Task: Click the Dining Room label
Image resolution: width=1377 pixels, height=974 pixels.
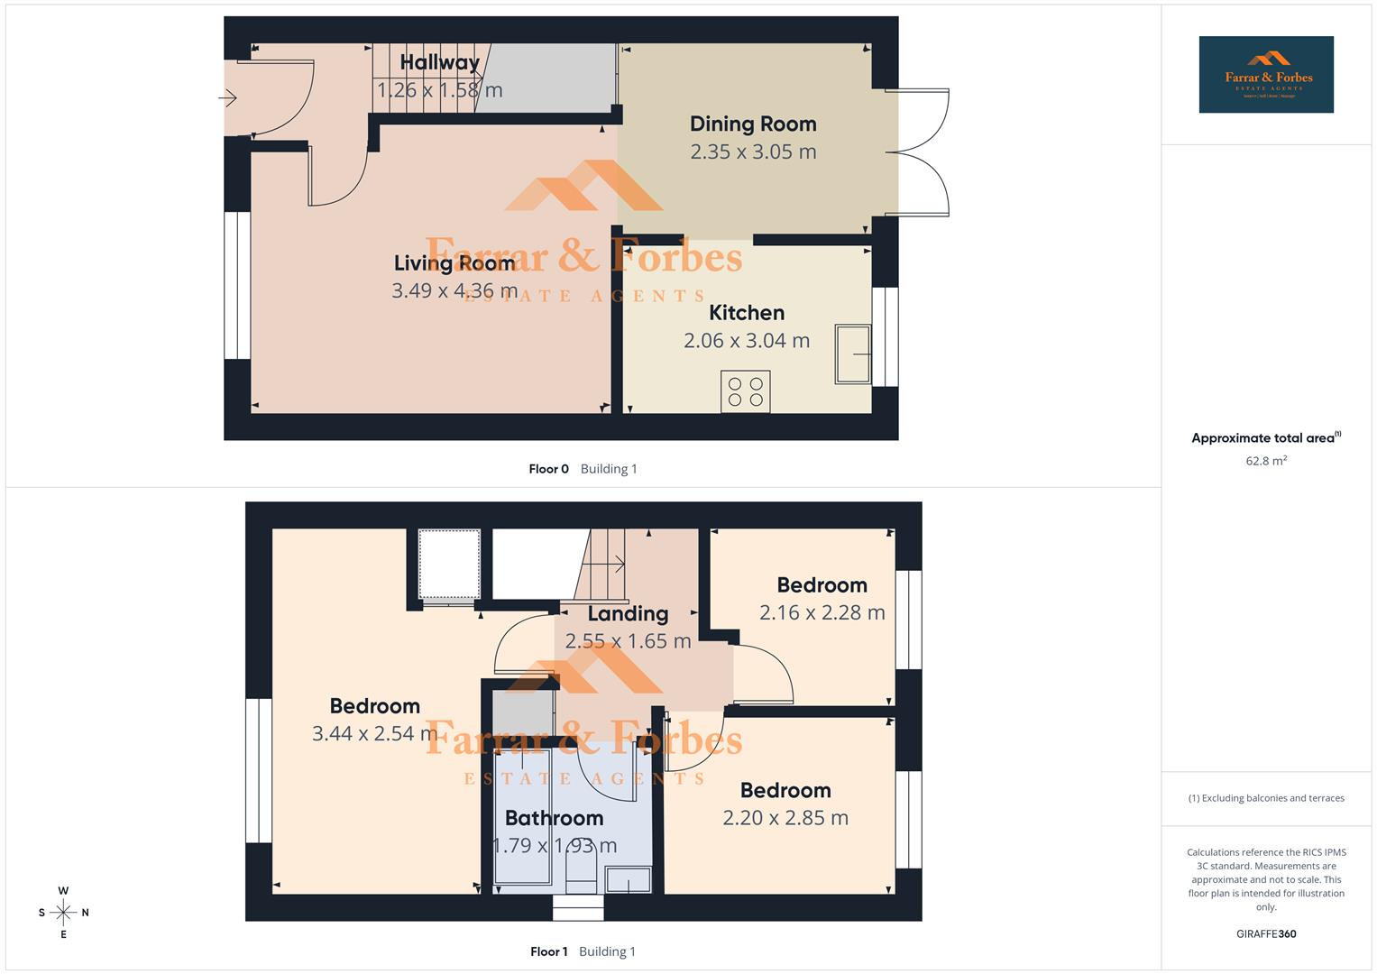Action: point(753,124)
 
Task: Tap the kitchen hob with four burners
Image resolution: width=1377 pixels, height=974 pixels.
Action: point(746,391)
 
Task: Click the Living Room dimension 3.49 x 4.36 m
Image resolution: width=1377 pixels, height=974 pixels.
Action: point(454,290)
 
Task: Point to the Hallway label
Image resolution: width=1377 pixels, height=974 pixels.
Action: point(439,62)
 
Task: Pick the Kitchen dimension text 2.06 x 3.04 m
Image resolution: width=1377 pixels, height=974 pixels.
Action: point(747,341)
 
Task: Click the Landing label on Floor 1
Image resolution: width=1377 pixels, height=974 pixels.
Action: point(628,614)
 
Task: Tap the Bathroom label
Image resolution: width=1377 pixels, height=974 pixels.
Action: point(554,818)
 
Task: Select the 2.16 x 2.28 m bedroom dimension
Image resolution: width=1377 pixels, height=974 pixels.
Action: point(822,612)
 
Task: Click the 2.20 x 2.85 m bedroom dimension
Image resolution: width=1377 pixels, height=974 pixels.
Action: point(785,818)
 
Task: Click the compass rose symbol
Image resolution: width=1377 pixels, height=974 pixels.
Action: point(63,913)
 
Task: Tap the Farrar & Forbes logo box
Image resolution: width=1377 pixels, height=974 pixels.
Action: point(1266,75)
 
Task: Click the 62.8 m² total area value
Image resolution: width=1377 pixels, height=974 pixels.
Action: point(1266,461)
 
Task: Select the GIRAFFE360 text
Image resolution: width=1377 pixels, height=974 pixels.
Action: point(1266,934)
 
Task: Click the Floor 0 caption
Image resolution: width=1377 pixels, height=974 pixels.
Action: point(548,469)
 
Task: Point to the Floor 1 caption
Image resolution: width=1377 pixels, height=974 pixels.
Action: point(548,951)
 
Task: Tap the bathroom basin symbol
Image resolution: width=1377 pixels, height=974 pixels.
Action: point(628,879)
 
